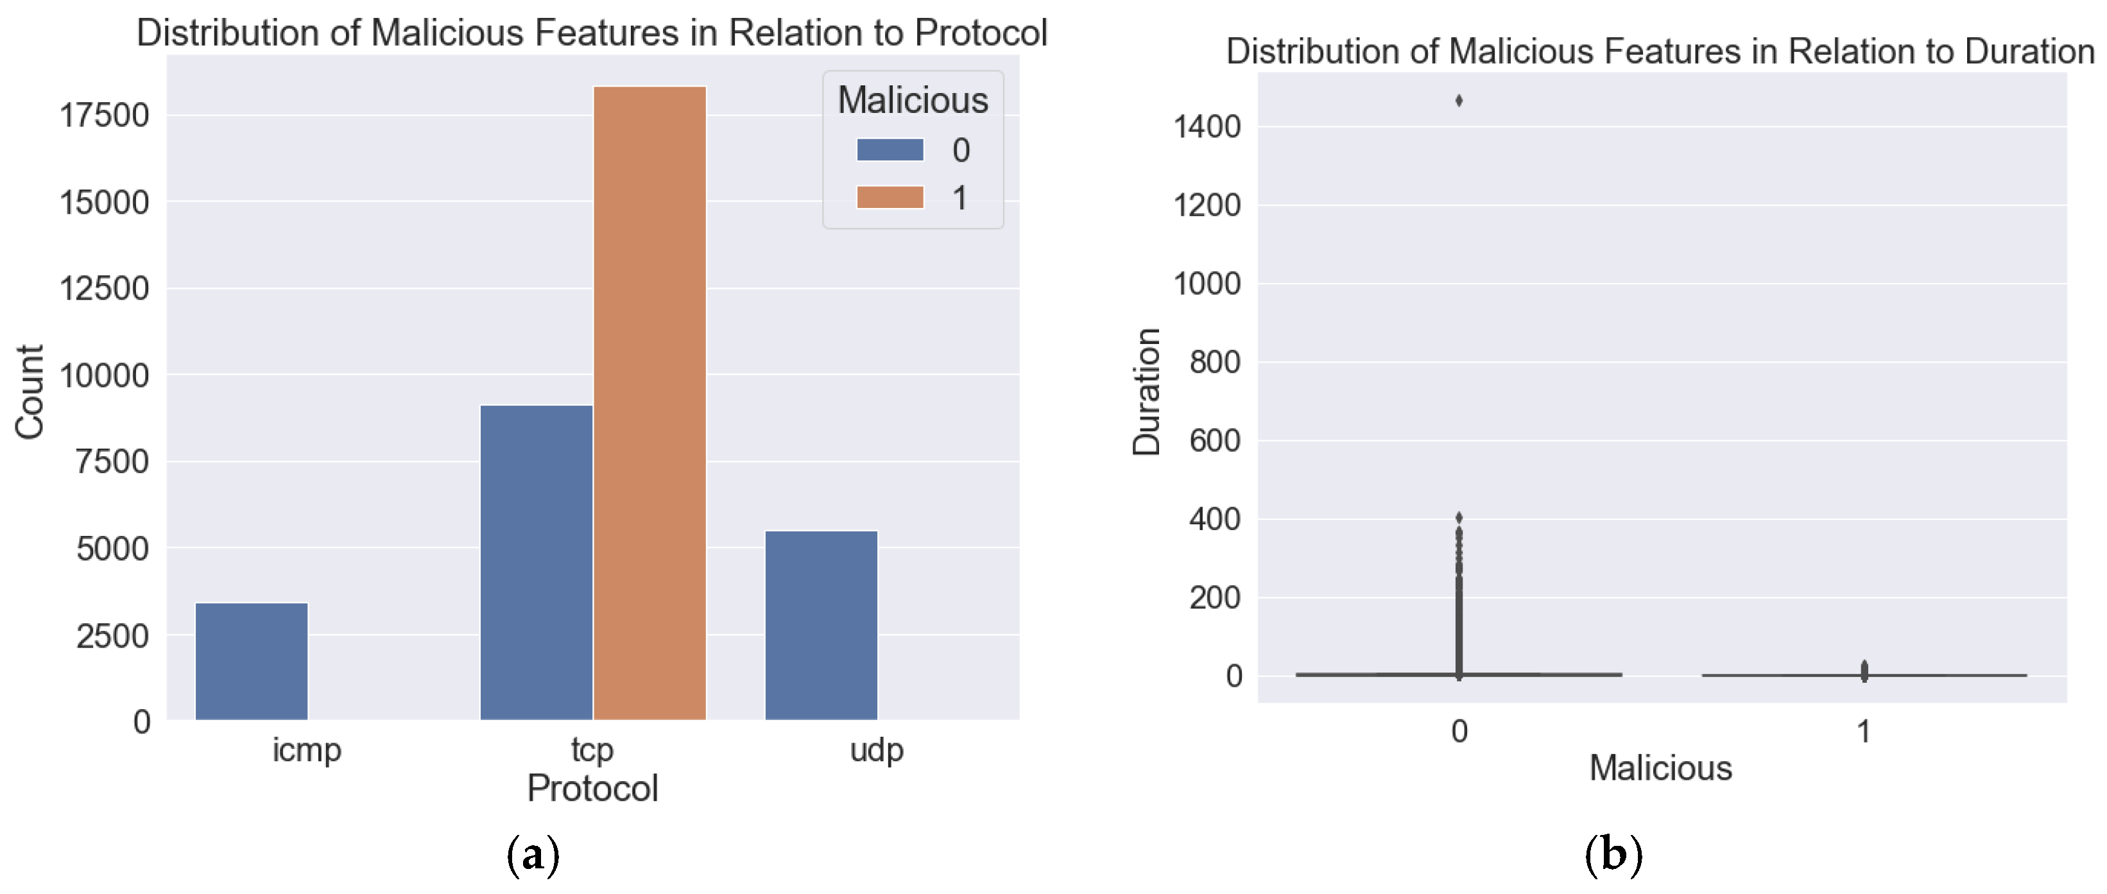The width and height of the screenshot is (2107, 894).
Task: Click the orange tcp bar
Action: pos(649,402)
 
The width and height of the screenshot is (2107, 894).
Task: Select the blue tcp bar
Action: pos(536,562)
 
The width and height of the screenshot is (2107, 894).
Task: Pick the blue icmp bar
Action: pos(251,661)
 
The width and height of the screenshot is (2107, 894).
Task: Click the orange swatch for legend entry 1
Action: pos(890,197)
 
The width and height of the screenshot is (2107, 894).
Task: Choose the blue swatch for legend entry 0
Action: pos(890,150)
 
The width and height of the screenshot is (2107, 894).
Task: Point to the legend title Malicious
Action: pos(913,99)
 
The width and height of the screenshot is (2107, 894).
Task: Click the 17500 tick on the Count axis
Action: pos(105,116)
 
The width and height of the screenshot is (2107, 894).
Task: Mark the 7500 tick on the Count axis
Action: pos(113,462)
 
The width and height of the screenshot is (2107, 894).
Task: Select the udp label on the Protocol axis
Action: pos(877,749)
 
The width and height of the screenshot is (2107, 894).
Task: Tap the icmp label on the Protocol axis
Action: pos(307,749)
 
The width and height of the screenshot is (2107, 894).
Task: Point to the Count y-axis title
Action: pos(30,391)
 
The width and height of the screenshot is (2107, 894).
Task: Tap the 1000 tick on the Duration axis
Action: pos(1207,284)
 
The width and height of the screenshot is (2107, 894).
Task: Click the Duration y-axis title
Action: pos(1147,391)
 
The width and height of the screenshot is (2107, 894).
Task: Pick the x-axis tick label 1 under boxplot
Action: pos(1863,731)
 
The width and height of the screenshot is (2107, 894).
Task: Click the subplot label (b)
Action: pos(1613,855)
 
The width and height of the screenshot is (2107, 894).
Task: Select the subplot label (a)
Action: pos(533,855)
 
